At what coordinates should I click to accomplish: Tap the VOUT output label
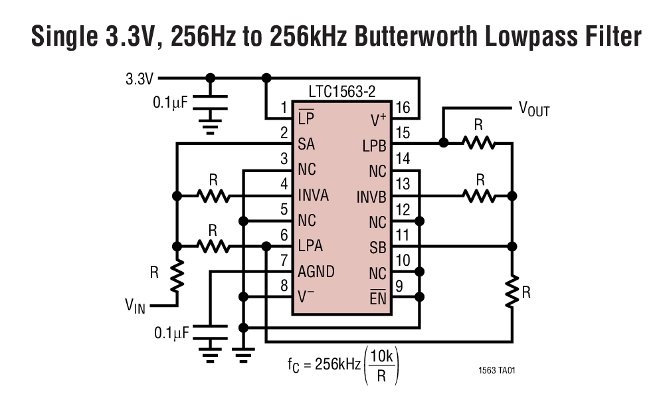(x=533, y=109)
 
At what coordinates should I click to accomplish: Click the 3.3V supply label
(x=140, y=79)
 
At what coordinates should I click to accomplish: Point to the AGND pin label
(x=317, y=272)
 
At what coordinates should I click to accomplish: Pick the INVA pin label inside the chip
(x=318, y=196)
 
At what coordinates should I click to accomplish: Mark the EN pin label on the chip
(x=378, y=298)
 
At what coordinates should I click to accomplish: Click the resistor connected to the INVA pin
(x=213, y=196)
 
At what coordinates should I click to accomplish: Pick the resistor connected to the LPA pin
(x=213, y=247)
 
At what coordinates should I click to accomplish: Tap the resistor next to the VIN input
(x=177, y=276)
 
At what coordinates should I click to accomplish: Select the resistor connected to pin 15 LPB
(x=478, y=142)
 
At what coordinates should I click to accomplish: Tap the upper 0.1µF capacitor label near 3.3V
(x=171, y=103)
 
